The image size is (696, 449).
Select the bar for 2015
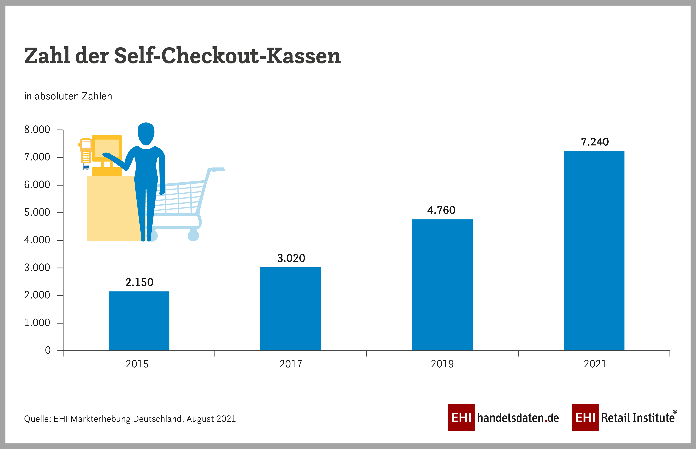click(139, 321)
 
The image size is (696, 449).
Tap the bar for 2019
click(442, 285)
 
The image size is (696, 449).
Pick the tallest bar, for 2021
click(594, 250)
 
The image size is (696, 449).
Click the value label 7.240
click(594, 142)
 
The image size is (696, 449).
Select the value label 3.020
click(291, 258)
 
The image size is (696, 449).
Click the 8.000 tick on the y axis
click(37, 130)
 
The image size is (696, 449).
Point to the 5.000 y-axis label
click(37, 212)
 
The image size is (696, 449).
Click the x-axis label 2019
click(442, 364)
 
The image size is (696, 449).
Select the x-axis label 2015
click(137, 364)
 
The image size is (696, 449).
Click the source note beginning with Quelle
click(130, 419)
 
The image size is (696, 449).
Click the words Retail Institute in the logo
click(638, 418)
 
